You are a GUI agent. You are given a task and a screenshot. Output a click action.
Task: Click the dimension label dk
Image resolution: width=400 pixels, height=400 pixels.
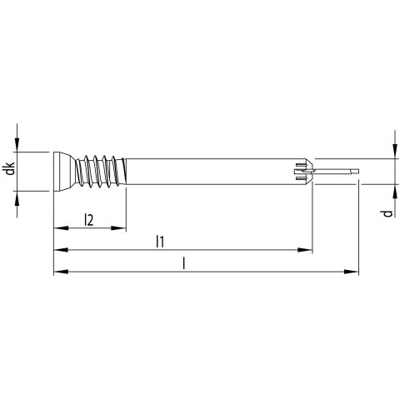[x=11, y=168]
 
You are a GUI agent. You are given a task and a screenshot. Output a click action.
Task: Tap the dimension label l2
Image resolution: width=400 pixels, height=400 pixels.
[x=89, y=219]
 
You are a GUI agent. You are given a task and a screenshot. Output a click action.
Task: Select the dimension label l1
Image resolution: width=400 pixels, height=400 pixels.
[x=160, y=241]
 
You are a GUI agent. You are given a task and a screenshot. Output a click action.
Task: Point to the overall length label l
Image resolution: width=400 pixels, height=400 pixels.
[x=183, y=263]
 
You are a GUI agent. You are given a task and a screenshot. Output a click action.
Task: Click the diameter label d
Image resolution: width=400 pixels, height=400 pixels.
[x=387, y=213]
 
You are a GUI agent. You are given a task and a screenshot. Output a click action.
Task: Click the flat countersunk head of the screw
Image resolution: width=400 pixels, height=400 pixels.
[x=63, y=172]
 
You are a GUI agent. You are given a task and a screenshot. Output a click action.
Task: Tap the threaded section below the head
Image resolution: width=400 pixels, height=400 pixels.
[x=101, y=172]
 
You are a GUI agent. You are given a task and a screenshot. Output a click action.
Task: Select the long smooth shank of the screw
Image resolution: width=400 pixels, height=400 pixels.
[x=211, y=172]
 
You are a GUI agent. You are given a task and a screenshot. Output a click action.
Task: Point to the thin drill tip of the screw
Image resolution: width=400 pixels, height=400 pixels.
[x=337, y=171]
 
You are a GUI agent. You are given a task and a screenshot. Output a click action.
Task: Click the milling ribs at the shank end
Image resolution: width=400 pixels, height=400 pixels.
[x=304, y=172]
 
